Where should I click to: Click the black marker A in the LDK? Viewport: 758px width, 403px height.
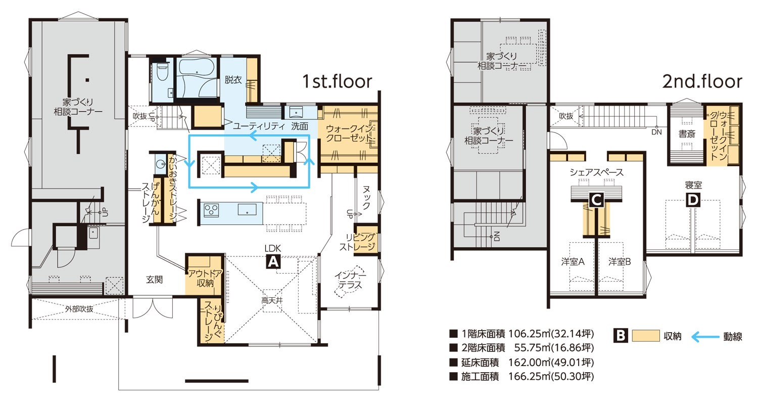(273, 262)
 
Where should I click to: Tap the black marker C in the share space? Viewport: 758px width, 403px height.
(596, 200)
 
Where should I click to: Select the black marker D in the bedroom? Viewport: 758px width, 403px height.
(693, 200)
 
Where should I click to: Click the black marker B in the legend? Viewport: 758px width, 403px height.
(621, 336)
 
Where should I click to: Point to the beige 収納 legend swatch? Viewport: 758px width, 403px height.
(646, 336)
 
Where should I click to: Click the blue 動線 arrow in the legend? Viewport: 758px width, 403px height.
(705, 337)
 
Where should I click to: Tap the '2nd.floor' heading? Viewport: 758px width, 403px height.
(702, 81)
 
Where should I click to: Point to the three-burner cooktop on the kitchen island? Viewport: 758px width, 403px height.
(211, 210)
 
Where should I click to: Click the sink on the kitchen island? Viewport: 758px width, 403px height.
(247, 209)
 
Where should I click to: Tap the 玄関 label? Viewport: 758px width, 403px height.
(154, 280)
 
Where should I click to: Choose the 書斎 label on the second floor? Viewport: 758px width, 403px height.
(687, 134)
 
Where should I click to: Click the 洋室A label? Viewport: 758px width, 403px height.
(573, 262)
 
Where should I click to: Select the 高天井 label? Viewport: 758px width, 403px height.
(272, 300)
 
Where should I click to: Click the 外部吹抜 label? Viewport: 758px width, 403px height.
(79, 309)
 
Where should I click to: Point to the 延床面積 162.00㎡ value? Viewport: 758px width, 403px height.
(551, 363)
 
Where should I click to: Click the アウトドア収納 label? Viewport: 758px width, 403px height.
(205, 279)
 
